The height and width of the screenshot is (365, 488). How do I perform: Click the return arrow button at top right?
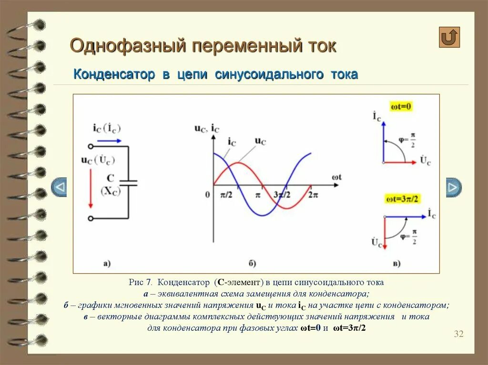point(449,37)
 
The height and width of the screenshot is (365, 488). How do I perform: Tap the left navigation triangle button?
point(59,187)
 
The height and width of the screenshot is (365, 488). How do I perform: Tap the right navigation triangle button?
point(453,187)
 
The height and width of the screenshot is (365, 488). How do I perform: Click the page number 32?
point(458,334)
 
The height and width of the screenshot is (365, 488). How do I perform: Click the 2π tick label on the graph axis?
point(313,195)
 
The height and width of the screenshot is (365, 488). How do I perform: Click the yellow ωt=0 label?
point(401,106)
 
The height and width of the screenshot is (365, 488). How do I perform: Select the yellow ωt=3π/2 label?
point(404,198)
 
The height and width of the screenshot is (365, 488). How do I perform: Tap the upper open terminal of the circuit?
point(91,147)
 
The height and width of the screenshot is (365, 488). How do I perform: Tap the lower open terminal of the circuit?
point(91,218)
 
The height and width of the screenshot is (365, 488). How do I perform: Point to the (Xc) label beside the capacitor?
point(111,190)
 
